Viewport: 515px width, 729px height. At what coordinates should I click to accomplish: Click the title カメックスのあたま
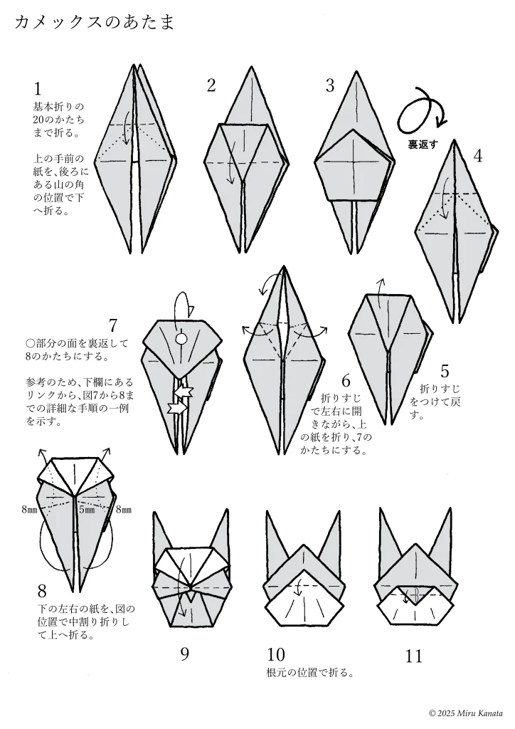95,22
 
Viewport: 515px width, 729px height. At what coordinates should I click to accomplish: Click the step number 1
38,89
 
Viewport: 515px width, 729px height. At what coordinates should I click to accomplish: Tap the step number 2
211,85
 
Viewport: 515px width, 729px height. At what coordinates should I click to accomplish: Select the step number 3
330,85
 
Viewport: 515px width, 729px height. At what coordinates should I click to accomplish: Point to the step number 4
478,156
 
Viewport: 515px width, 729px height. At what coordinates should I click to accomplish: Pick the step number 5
445,372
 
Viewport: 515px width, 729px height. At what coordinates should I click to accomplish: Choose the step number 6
346,381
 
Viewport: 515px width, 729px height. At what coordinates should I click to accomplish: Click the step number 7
113,325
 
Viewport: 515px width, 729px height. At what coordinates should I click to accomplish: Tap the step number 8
42,592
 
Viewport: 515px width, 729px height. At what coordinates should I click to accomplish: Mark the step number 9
185,654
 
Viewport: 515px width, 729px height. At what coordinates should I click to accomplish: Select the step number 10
276,655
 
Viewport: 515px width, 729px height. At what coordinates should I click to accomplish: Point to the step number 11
414,656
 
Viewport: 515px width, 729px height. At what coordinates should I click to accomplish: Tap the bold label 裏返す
423,145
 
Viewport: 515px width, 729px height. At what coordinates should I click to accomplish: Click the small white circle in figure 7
181,338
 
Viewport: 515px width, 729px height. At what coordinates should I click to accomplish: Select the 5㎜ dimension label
87,510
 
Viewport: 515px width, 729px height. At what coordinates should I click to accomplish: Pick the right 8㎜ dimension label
123,510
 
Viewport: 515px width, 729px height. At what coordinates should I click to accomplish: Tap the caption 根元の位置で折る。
311,673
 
